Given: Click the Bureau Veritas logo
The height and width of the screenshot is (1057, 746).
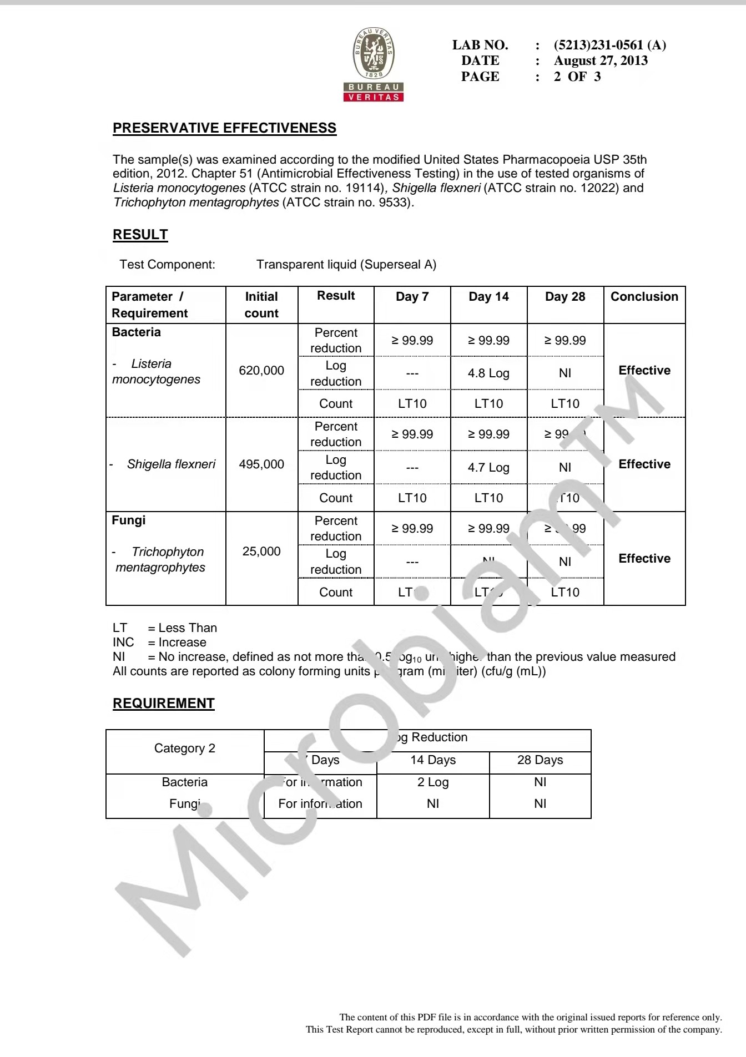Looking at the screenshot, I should [374, 65].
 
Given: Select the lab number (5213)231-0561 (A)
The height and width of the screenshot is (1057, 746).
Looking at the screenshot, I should [609, 45].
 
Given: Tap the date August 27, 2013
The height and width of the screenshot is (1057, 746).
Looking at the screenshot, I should [601, 60].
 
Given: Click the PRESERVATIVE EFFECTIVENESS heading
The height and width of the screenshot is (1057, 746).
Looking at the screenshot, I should [224, 128].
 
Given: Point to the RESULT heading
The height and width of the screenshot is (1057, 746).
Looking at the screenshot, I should [140, 235].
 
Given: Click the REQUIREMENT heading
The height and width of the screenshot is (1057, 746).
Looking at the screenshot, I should [163, 704].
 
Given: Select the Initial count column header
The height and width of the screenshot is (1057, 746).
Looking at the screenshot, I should [261, 305].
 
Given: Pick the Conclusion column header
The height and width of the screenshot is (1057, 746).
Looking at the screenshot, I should [644, 296].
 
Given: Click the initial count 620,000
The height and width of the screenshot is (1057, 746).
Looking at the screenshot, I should [261, 370].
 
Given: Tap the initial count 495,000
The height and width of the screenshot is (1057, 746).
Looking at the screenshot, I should [261, 464].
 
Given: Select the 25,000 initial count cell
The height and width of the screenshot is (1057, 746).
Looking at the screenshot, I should [261, 552].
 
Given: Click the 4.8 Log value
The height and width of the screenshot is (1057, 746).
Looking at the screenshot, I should [488, 373].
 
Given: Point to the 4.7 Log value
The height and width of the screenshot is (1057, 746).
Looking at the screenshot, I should [488, 467].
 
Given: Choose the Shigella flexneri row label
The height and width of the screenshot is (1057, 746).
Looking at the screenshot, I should [171, 464].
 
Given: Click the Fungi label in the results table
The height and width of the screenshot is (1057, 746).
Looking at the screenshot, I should [129, 520].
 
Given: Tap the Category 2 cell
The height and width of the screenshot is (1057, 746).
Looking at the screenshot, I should [185, 749].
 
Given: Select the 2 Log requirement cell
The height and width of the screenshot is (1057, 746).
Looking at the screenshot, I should [433, 782].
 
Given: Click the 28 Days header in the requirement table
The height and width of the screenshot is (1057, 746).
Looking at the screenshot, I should [540, 760].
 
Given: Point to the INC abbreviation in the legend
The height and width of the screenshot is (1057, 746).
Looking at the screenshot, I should [123, 643].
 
